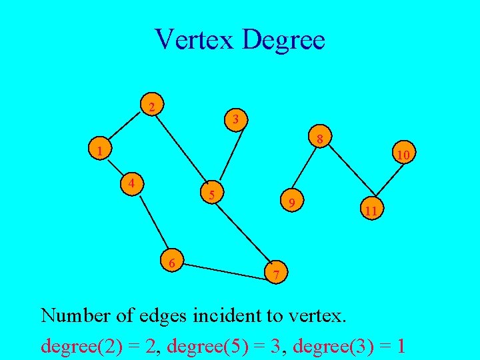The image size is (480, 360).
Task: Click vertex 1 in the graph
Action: click(99, 151)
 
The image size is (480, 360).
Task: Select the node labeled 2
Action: click(153, 107)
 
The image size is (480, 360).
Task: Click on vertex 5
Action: click(211, 195)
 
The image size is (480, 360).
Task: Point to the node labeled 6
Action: click(172, 263)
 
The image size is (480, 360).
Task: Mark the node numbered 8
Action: click(320, 139)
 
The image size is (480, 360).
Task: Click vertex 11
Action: click(371, 210)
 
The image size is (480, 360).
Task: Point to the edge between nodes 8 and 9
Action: click(305, 171)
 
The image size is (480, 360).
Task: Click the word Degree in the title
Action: click(283, 39)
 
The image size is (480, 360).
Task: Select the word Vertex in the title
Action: click(194, 39)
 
